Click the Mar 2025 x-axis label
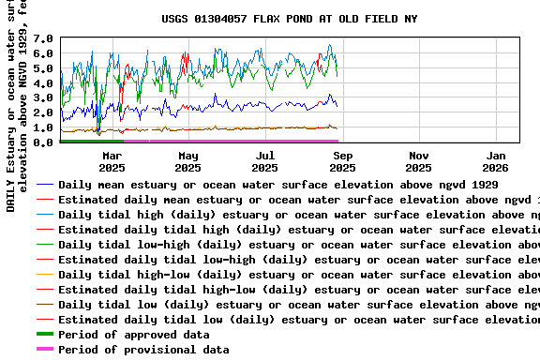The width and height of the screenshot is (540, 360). coord(112,161)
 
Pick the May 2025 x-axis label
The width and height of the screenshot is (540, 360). coord(188,161)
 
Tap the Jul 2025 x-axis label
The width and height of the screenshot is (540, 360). coord(265,161)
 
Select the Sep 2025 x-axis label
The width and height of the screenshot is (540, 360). coord(342,161)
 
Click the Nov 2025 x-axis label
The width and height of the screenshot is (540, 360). coord(419,161)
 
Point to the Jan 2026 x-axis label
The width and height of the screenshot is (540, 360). coord(496,161)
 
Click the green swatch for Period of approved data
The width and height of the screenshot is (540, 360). coord(45,335)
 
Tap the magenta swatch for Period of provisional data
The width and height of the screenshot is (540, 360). coord(45,350)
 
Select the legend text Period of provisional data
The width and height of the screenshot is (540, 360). coord(143,350)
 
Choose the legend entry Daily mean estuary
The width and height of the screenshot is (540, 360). coord(281,185)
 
